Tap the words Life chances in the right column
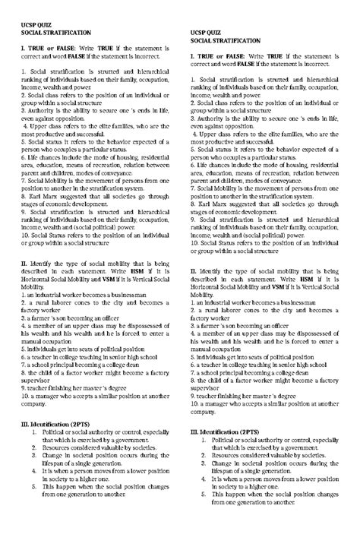(214, 163)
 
